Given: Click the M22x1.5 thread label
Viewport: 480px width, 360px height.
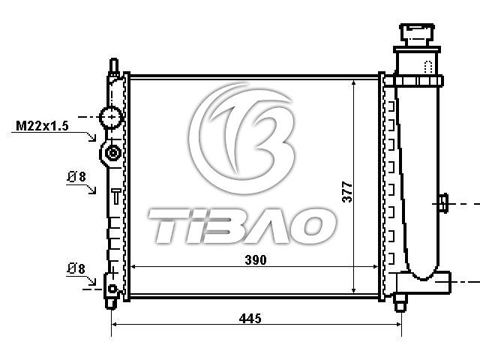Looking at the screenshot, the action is point(42,126).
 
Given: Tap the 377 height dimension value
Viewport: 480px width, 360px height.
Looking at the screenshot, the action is point(347,192).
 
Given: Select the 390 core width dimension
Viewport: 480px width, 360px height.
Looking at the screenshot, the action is point(256,260).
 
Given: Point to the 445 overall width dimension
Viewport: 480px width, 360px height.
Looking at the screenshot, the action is point(250,318).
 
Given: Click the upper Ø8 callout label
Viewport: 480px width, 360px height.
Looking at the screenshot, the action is point(76,177).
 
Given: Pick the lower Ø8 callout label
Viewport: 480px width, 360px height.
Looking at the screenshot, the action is point(76,268).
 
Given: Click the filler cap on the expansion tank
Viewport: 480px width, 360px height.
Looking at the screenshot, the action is point(417,35).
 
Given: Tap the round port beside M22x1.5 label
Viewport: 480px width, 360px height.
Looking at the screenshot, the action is point(112,117).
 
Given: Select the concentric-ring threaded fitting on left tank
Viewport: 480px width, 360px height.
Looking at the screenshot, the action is point(112,153).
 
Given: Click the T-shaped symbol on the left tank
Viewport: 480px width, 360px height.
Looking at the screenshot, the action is point(116,196).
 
